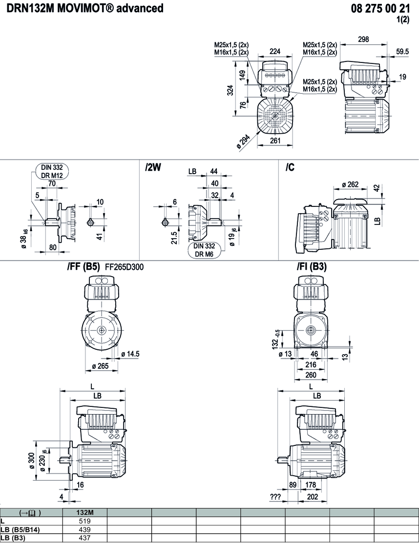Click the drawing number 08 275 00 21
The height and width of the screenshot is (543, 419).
[x=381, y=9]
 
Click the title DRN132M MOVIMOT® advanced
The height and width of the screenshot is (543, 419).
[x=82, y=9]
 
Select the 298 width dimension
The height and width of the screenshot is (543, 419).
[x=363, y=40]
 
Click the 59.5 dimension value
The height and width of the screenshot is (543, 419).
[x=402, y=51]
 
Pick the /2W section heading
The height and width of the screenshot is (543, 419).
[x=153, y=167]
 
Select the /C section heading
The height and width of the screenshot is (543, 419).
[x=290, y=167]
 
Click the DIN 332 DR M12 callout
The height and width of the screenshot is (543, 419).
[x=52, y=171]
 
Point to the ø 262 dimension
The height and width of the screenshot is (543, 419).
[x=350, y=184]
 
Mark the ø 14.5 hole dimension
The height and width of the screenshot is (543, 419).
[x=130, y=353]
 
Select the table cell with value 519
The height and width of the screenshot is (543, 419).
[x=85, y=521]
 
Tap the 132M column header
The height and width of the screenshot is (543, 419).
[x=85, y=513]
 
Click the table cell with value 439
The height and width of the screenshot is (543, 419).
[x=85, y=530]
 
